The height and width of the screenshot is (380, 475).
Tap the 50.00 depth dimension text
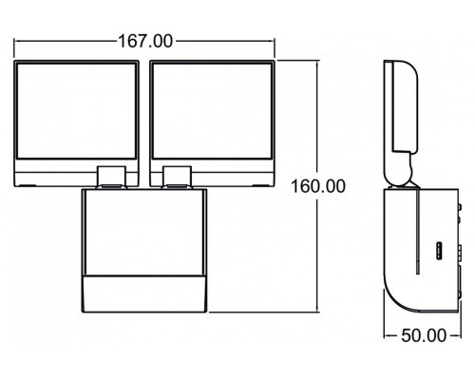(423, 335)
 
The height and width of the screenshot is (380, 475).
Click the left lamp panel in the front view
(80, 122)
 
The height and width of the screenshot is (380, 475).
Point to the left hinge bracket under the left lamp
(112, 175)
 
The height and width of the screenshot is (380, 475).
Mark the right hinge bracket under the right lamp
(177, 175)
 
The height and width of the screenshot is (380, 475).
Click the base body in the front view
(145, 233)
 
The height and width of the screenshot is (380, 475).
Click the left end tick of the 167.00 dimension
(16, 41)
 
